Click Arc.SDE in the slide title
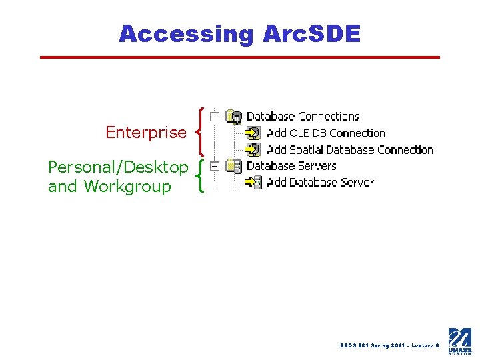307,33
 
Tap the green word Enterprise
146,133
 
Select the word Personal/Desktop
118,167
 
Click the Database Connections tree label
303,117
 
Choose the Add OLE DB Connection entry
326,133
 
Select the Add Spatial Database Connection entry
350,150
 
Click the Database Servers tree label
291,166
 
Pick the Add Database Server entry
320,183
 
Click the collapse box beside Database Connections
214,117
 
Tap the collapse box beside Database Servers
214,166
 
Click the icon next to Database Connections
233,117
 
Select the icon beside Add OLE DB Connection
253,133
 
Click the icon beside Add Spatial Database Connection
253,150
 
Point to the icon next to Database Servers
233,166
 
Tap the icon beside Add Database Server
253,183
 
